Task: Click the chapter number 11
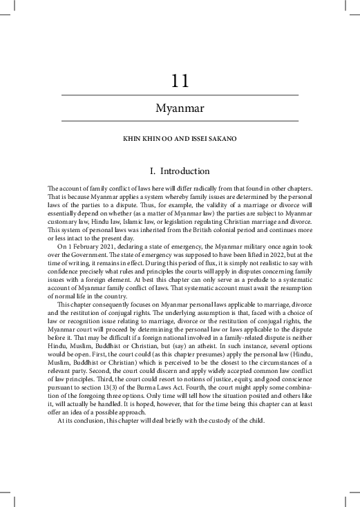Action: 180,82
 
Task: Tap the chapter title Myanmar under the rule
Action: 180,109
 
